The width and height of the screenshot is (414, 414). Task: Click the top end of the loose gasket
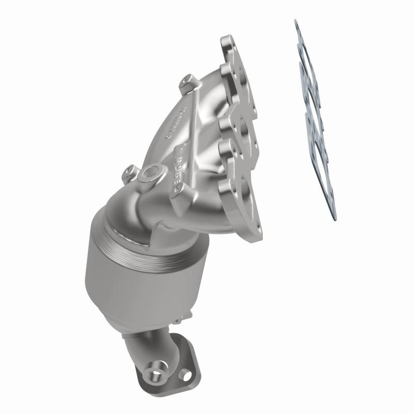[297, 23]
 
